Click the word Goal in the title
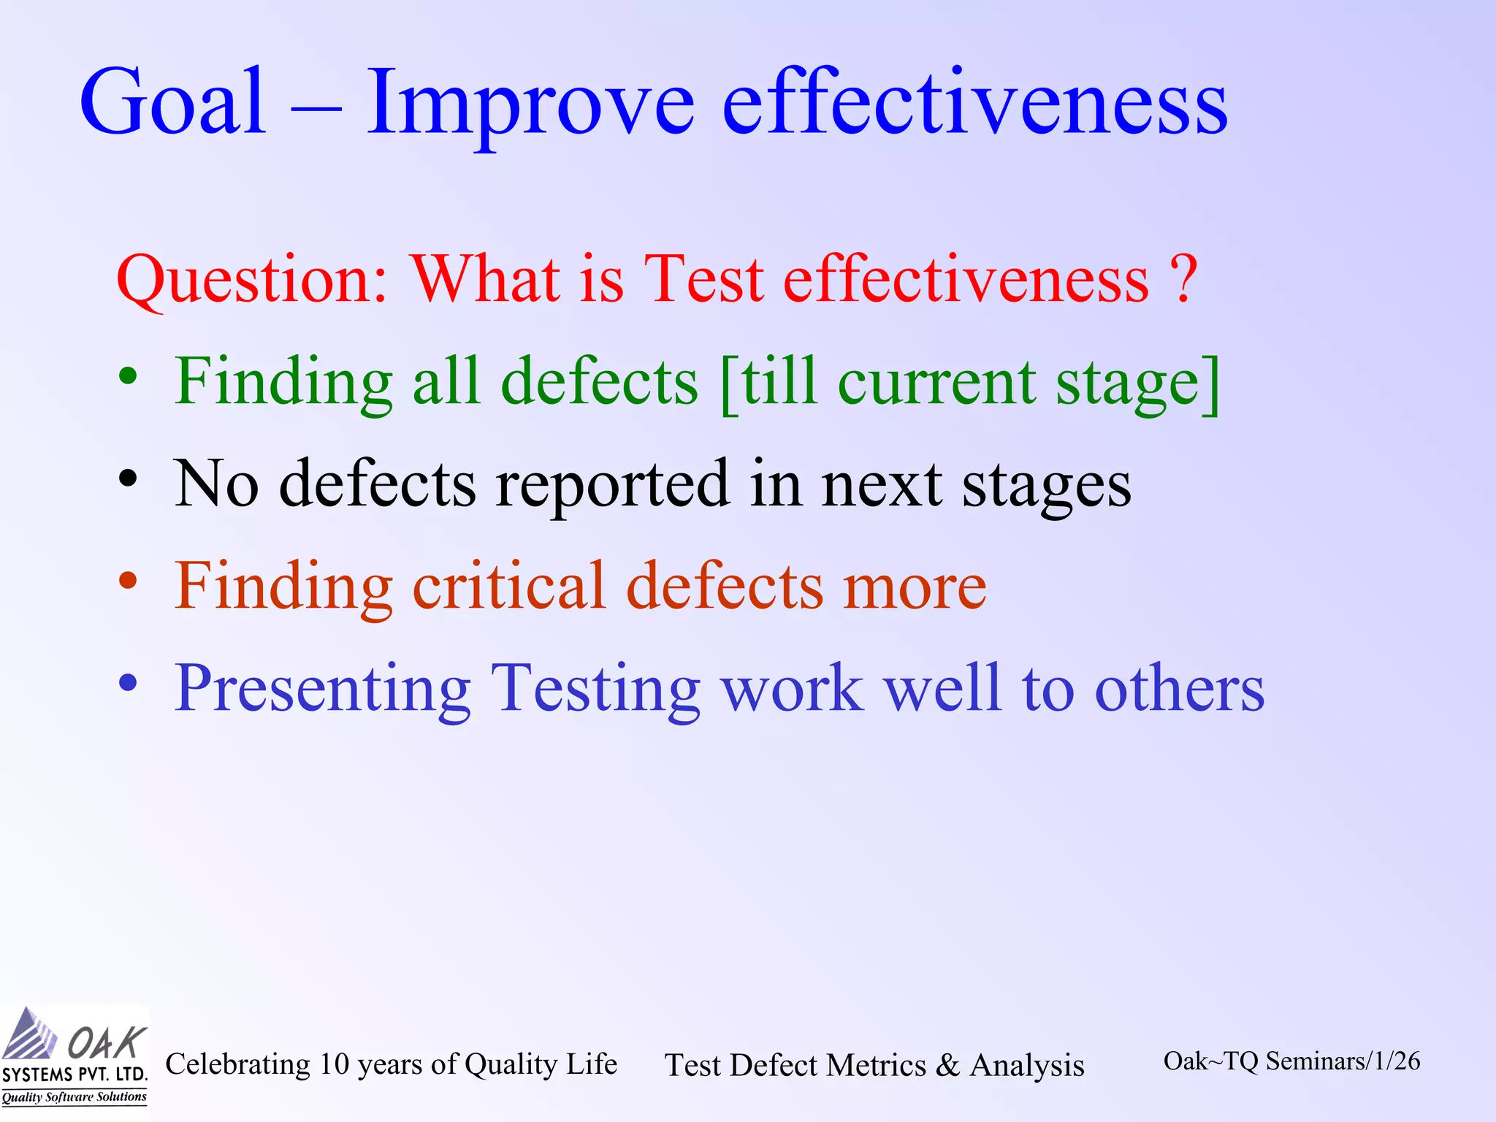[172, 102]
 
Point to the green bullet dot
[129, 377]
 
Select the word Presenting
[322, 690]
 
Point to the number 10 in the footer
[335, 1064]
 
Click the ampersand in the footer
[947, 1065]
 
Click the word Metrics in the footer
[877, 1065]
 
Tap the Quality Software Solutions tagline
[74, 1097]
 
